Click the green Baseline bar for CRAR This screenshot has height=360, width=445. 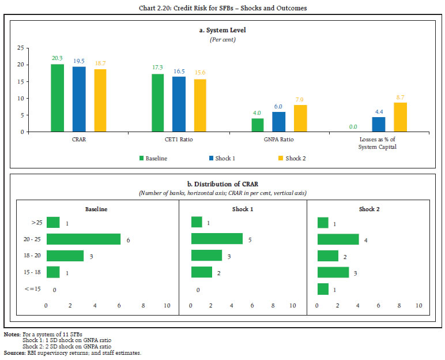(x=57, y=98)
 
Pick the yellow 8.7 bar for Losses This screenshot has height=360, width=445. (x=400, y=117)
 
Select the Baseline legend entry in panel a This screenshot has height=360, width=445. (x=153, y=158)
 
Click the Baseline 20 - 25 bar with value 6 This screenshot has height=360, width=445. (x=83, y=239)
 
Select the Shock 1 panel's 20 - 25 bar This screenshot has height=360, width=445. (x=217, y=239)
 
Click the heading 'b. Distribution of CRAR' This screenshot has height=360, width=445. (x=222, y=184)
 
